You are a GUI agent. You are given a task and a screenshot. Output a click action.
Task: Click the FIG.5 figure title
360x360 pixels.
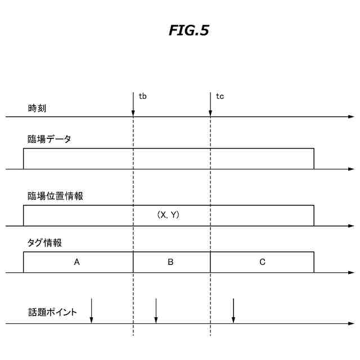pos(189,31)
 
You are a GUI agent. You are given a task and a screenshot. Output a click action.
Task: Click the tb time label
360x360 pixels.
pos(143,97)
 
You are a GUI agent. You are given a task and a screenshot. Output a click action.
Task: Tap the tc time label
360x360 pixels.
pos(220,97)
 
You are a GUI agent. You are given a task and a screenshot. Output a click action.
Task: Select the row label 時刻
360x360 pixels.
pos(37,108)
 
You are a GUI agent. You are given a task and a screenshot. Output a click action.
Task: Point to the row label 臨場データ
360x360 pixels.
pos(49,139)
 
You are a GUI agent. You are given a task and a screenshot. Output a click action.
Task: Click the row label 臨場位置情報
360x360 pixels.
pos(56,196)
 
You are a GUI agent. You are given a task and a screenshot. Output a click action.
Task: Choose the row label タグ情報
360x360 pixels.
pos(44,243)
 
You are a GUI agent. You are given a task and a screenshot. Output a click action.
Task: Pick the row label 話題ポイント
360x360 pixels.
pos(52,312)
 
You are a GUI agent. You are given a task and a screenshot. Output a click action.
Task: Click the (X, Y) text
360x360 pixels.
pos(168,215)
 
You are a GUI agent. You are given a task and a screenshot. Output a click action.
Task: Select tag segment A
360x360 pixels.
pos(78,262)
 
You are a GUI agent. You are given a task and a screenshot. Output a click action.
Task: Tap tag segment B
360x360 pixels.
pos(171,262)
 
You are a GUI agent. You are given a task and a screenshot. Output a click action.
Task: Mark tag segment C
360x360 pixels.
pos(262,262)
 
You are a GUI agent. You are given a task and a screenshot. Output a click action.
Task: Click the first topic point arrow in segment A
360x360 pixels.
pos(91,311)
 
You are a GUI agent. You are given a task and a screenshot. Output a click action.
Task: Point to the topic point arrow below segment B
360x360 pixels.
pos(156,311)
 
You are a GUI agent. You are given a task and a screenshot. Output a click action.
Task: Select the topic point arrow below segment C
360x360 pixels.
pos(233,311)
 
